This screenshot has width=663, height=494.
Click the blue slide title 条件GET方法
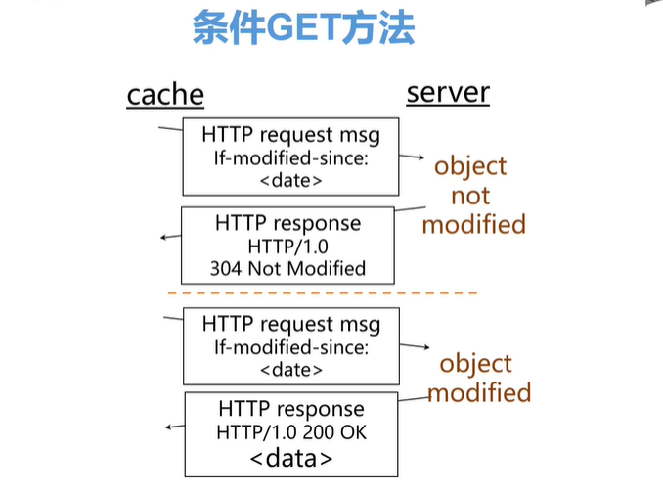(x=303, y=29)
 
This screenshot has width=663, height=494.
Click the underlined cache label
(x=165, y=95)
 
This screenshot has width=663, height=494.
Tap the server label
(x=448, y=93)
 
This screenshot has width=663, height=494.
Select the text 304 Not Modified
(x=287, y=268)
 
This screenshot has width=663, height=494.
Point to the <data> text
(x=291, y=458)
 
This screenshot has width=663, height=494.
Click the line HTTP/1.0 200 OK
(x=292, y=432)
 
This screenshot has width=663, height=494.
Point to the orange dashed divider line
(x=323, y=292)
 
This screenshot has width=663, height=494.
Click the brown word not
(x=470, y=196)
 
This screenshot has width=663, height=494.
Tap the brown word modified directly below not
(x=474, y=224)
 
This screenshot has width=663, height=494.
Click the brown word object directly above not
(x=470, y=166)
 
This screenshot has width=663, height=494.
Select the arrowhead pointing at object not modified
(x=421, y=157)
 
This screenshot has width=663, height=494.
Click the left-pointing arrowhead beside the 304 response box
(x=165, y=237)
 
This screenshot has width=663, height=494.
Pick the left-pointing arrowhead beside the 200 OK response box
(x=170, y=427)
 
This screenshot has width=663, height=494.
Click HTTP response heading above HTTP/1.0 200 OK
(x=291, y=409)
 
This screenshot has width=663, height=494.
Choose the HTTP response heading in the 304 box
(x=287, y=222)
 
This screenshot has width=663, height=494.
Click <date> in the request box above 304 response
(x=290, y=180)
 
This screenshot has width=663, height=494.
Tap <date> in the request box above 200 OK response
(x=290, y=370)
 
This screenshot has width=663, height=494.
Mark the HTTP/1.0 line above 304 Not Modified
(x=287, y=246)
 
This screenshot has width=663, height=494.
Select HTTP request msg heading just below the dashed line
(x=290, y=325)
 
